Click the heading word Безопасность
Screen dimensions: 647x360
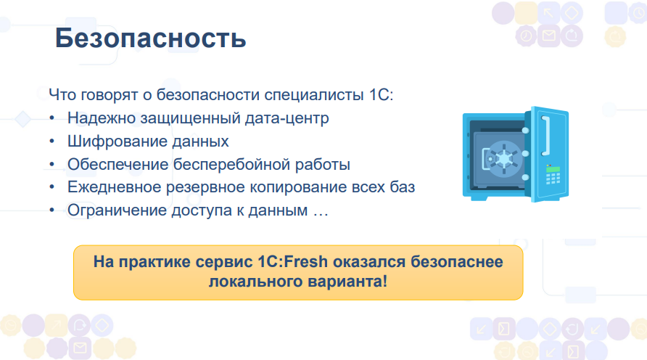151,38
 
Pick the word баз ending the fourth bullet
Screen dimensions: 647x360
403,187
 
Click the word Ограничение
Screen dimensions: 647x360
118,210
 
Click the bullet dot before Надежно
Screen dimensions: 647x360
51,118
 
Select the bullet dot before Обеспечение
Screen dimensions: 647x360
51,164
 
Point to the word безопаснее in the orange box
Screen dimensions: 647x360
457,262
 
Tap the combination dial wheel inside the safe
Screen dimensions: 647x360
503,159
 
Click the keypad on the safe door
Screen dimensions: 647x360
553,179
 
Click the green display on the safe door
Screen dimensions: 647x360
553,169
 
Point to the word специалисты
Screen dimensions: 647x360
313,94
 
